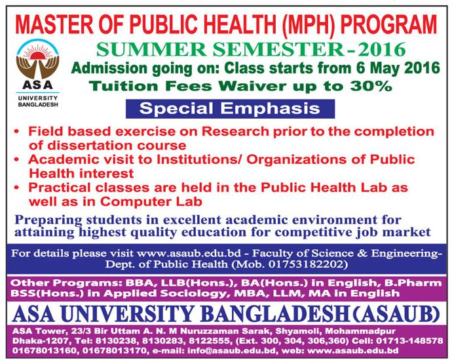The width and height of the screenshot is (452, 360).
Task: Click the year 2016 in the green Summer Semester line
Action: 380,49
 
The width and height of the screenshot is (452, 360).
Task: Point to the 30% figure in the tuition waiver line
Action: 373,86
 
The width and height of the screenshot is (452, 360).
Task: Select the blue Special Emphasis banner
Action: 230,109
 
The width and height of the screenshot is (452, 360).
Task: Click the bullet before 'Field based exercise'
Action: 17,132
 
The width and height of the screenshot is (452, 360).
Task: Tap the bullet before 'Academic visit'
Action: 17,159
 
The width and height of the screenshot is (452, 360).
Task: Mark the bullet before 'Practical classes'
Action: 17,188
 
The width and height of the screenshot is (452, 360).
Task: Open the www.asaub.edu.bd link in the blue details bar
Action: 189,253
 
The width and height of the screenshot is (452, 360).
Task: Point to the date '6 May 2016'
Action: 398,68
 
